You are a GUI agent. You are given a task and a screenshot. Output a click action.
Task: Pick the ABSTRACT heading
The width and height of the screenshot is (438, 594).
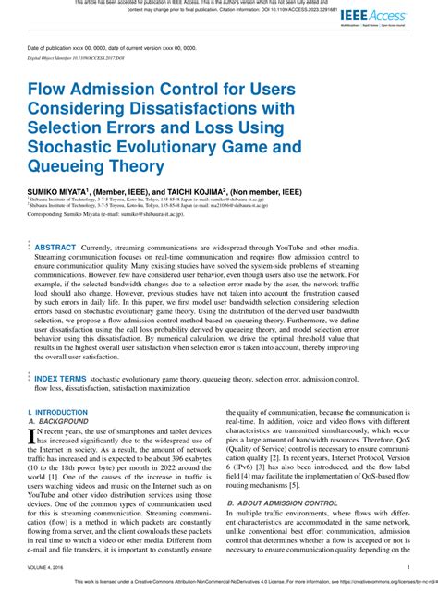pos(55,248)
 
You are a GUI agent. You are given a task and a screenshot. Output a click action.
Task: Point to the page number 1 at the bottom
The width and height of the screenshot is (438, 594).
pos(408,569)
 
